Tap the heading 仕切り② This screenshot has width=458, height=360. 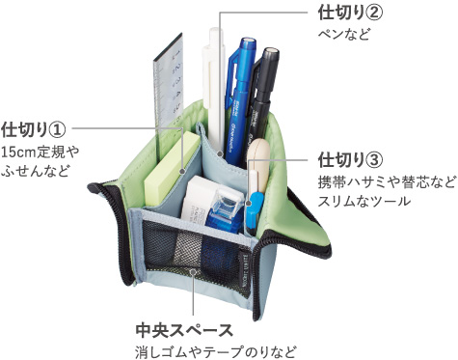pos(351,14)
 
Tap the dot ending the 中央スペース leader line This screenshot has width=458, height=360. pos(195,272)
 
